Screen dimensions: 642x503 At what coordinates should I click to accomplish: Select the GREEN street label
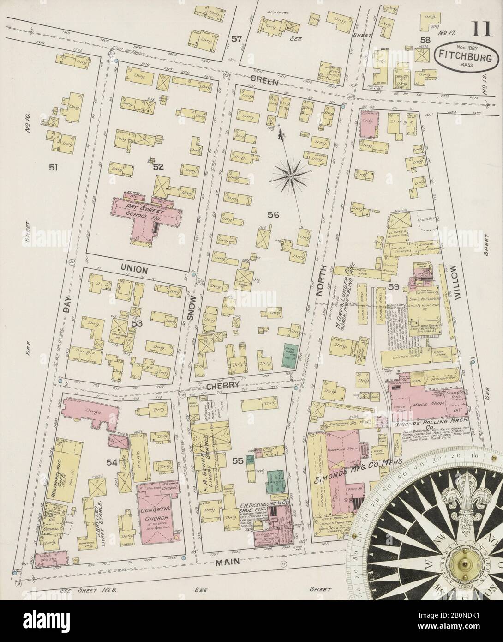(x=264, y=81)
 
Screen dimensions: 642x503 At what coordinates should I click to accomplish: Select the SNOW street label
(x=192, y=307)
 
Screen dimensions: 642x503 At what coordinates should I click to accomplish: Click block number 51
(x=53, y=168)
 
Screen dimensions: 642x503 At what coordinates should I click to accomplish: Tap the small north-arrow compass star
(x=292, y=176)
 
